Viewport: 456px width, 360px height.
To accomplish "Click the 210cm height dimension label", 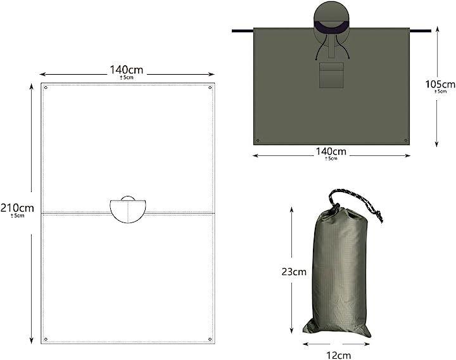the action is tap(17, 208).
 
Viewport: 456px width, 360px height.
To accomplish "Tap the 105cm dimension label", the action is tap(440, 84).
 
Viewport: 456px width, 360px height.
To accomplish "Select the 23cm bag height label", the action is tap(294, 271).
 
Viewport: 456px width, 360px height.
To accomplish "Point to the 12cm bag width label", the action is tap(338, 355).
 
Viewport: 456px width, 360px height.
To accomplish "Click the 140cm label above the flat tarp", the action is tap(126, 70).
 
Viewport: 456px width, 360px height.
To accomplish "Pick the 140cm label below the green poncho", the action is tap(331, 151).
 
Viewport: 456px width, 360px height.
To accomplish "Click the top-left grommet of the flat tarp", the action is tap(46, 87).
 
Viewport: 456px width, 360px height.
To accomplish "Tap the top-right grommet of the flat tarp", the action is tap(210, 87).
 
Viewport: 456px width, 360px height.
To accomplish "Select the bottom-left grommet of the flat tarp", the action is tap(46, 339).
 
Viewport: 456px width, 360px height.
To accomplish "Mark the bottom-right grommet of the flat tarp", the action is tap(210, 339).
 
